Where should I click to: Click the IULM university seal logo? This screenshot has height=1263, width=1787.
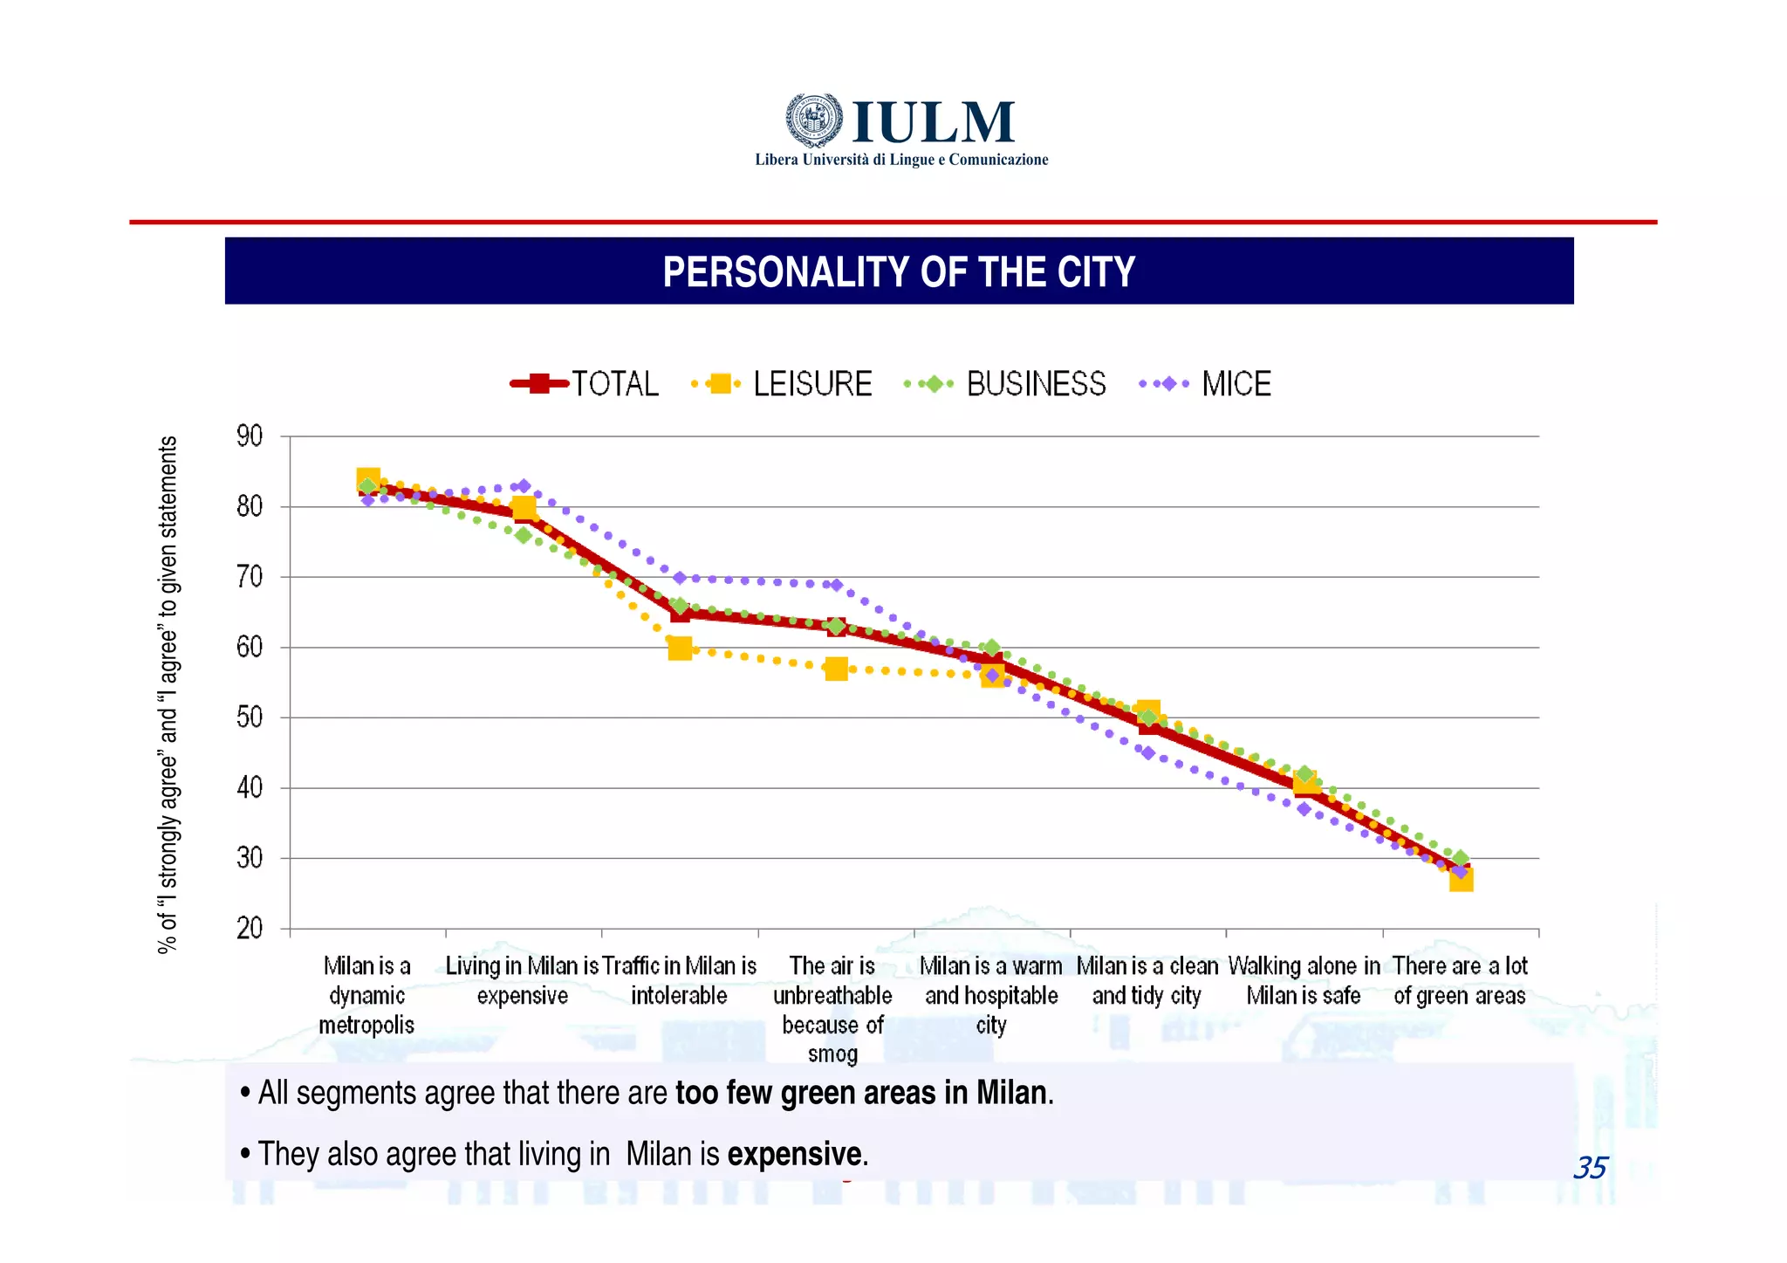coord(814,120)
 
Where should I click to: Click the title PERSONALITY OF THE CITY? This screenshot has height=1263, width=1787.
coord(899,271)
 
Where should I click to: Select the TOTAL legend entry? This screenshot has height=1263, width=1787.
coord(585,384)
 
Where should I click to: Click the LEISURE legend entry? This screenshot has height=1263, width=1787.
coord(783,384)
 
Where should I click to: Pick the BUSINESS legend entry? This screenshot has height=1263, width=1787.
coord(1006,384)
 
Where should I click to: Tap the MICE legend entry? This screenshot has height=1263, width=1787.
coord(1207,384)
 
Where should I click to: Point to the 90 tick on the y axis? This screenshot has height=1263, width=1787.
coord(250,436)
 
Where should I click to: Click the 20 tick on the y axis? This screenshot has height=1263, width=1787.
coord(250,928)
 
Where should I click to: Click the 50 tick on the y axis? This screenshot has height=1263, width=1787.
coord(250,717)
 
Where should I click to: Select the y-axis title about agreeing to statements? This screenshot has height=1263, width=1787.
coord(168,694)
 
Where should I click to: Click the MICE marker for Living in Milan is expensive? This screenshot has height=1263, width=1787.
coord(524,486)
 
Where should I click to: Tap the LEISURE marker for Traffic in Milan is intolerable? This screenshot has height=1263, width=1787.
coord(680,649)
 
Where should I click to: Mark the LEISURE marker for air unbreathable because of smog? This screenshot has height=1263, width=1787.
coord(836,669)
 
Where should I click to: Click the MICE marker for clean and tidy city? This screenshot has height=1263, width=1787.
coord(1148,752)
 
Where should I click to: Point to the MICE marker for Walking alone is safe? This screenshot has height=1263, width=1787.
coord(1304,809)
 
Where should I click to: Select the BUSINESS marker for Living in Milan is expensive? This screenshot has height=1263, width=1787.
coord(524,535)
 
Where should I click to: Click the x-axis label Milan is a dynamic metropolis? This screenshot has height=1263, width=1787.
coord(366,995)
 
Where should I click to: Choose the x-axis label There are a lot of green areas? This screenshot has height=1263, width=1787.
coord(1460,980)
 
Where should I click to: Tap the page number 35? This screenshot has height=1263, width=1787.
coord(1590,1168)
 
